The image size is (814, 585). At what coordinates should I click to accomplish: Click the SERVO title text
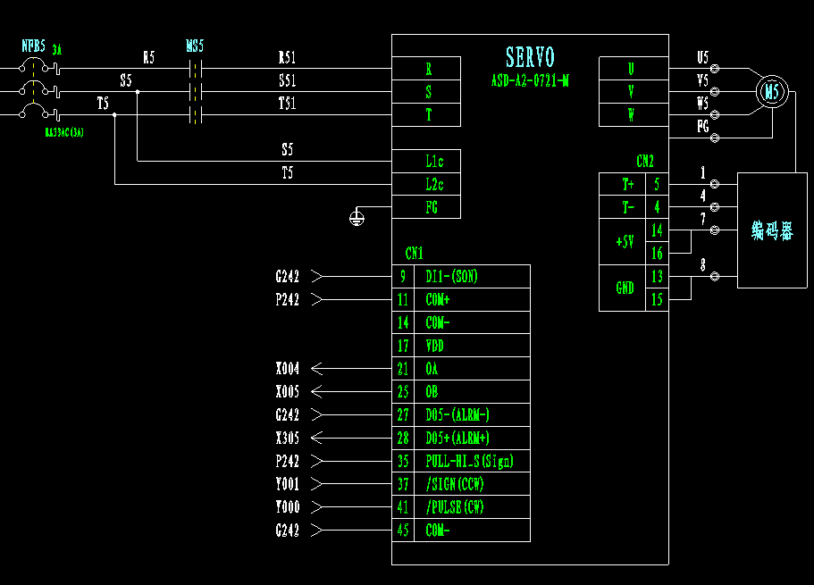coord(530,58)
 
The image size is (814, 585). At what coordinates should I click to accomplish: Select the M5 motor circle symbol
coord(772,91)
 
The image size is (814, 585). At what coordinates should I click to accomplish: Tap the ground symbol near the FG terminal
coord(357,217)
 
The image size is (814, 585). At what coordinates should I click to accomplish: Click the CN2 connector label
coord(645,162)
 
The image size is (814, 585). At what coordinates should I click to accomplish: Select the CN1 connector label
coord(414,253)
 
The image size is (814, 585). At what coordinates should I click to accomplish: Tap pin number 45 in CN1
coord(403,531)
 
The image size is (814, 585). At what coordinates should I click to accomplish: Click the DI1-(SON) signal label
coord(451,277)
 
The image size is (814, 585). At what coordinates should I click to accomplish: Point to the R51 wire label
coord(287,58)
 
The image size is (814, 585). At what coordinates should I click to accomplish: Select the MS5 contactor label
coord(194,46)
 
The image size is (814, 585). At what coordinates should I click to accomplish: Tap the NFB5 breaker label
coord(34,46)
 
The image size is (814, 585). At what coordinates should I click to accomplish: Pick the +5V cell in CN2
coord(622,242)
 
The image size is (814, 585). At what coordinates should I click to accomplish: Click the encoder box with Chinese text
coord(772,231)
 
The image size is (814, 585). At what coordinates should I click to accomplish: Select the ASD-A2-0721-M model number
coord(530,80)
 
